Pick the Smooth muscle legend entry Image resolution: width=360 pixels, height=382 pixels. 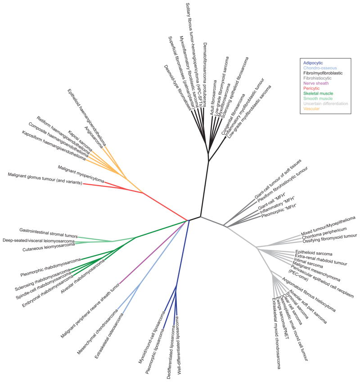(x=319, y=98)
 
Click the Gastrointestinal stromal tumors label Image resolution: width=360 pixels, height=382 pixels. (x=48, y=233)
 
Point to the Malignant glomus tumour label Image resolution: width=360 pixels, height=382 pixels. (x=45, y=179)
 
